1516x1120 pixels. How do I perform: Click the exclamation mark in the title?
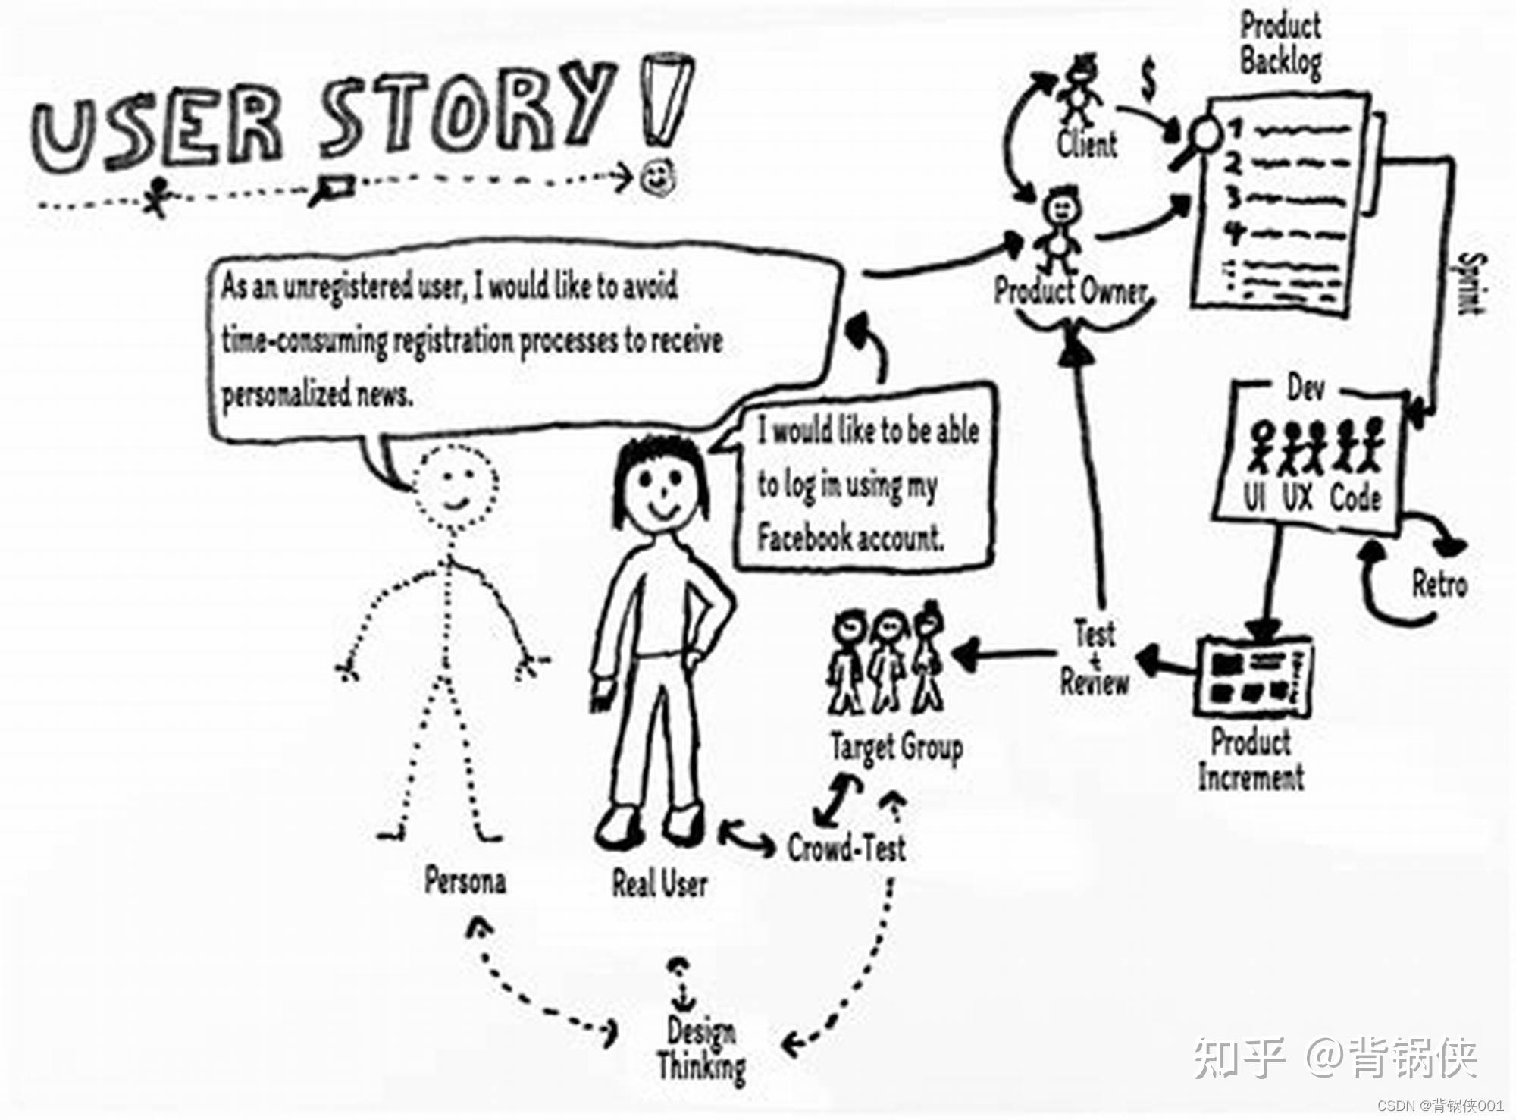click(x=666, y=99)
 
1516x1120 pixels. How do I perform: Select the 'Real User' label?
click(x=659, y=883)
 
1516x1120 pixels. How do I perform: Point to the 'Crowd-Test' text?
click(x=846, y=848)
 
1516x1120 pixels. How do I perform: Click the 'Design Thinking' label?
click(x=701, y=1049)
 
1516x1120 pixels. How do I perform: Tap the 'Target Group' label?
click(x=897, y=748)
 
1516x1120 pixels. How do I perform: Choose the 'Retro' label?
click(x=1439, y=585)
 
